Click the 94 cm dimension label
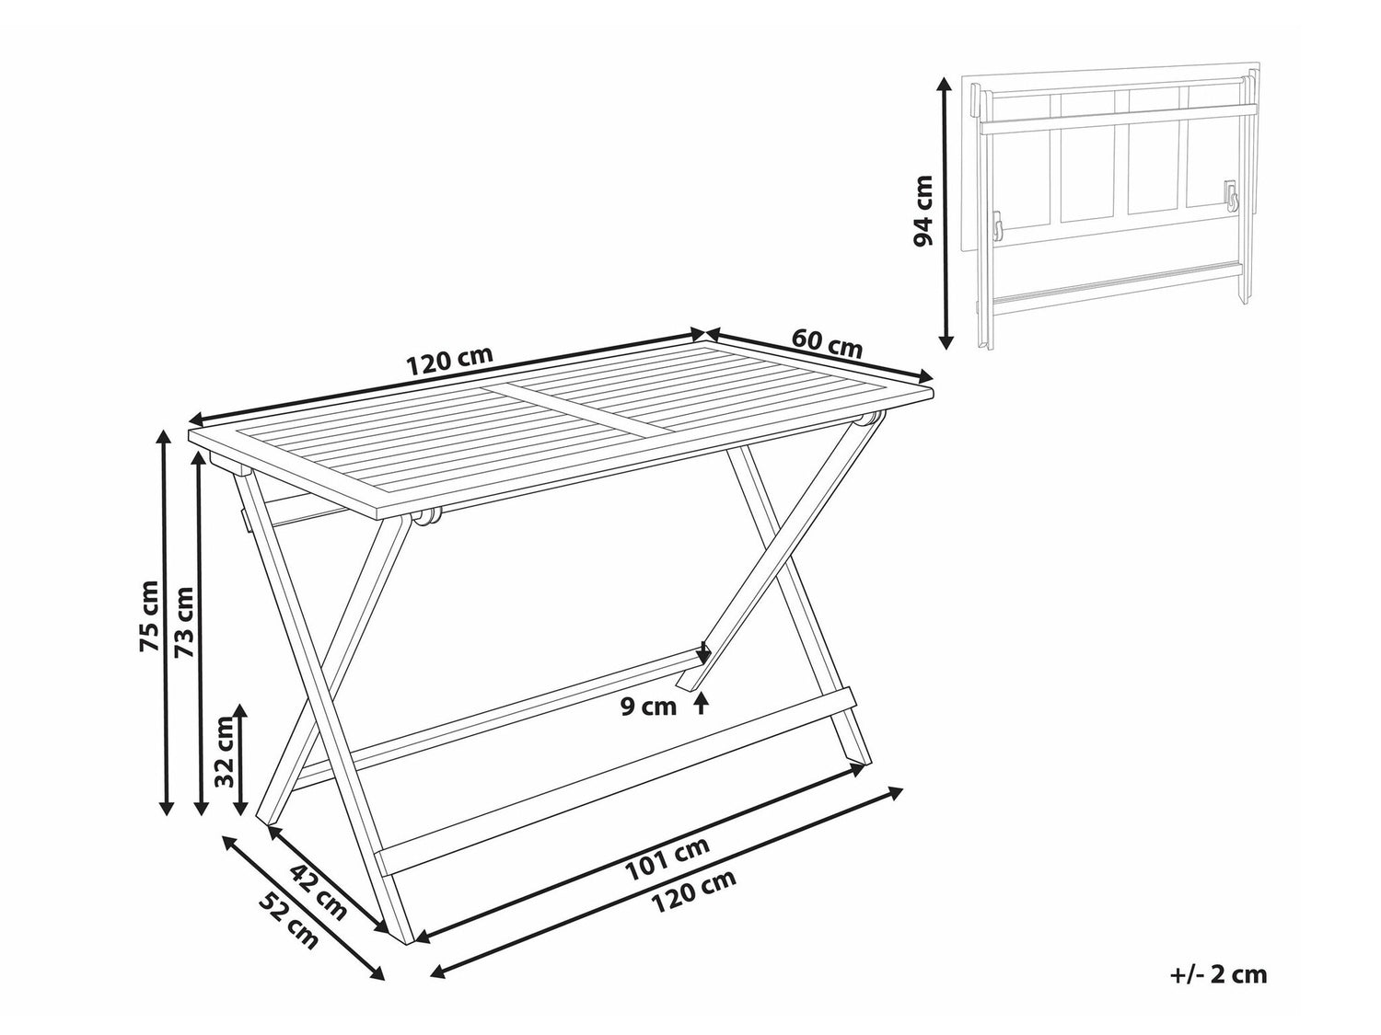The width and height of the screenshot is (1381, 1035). [923, 212]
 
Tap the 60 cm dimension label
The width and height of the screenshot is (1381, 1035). [827, 344]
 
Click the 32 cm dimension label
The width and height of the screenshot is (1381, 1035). [224, 752]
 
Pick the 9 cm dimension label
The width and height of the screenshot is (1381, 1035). [649, 707]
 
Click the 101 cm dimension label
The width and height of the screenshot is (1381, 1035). [667, 858]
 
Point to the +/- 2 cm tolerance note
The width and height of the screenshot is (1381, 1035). [1218, 993]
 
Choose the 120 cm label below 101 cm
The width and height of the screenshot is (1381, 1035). [692, 891]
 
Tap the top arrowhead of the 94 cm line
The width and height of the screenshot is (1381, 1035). [945, 84]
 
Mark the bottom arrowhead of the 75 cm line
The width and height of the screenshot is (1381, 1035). [166, 808]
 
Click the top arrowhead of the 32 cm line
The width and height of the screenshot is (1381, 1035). [241, 710]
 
